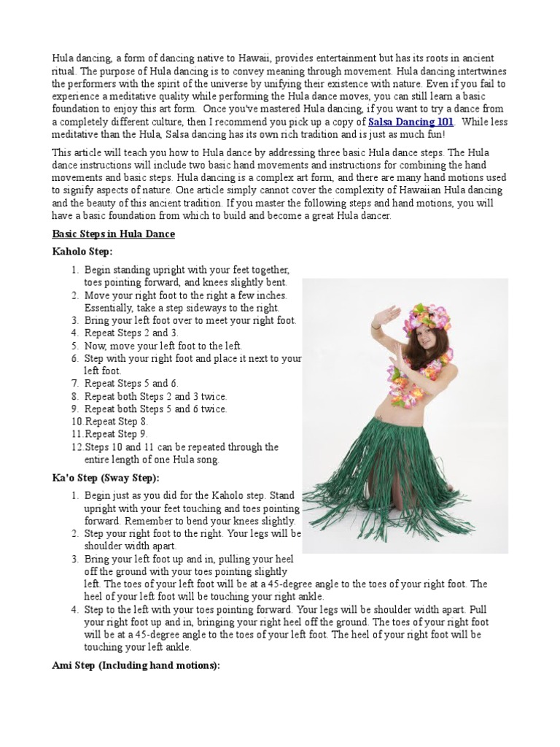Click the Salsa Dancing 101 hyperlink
click(x=411, y=122)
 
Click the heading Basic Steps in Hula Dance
click(x=114, y=234)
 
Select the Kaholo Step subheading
click(x=82, y=252)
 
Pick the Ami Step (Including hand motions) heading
click(x=136, y=665)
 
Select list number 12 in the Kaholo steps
click(x=78, y=447)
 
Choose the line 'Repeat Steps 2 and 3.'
click(x=131, y=333)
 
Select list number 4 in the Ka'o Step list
click(x=75, y=609)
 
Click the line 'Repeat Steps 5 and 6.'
click(x=131, y=384)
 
